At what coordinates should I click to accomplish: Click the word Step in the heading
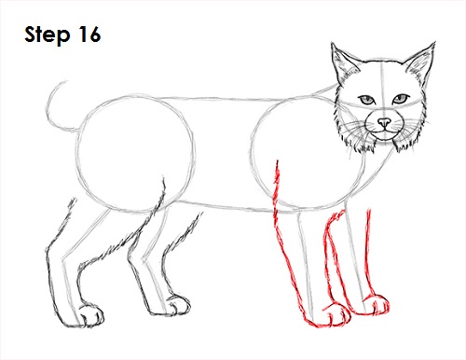tap(48, 35)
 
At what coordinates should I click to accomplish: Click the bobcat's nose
tap(383, 121)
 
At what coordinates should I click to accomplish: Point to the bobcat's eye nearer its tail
tap(367, 99)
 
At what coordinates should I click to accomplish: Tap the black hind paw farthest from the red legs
tap(89, 316)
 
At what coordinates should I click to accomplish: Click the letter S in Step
tap(29, 35)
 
